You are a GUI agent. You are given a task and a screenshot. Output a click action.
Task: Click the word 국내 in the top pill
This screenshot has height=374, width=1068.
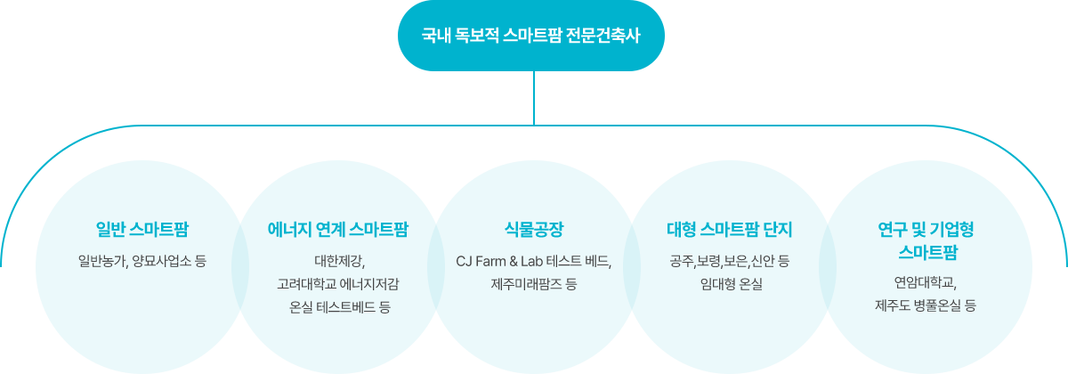pos(434,36)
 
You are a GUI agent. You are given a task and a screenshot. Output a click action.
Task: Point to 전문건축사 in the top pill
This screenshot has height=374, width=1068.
pos(609,36)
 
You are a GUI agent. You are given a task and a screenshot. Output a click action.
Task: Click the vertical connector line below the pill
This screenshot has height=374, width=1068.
pos(534,97)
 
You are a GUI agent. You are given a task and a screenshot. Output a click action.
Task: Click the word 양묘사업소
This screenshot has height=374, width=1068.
pos(162,262)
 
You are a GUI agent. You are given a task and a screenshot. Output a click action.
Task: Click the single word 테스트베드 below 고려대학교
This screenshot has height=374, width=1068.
pos(345,308)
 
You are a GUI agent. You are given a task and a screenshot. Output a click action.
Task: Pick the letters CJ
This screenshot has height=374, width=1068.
pos(464,262)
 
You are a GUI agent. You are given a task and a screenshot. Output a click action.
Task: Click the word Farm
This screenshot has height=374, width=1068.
pos(492,262)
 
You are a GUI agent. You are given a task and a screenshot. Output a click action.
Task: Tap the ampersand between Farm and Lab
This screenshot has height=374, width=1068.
pos(517,262)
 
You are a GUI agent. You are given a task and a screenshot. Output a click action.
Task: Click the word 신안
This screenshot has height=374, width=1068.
pos(763,262)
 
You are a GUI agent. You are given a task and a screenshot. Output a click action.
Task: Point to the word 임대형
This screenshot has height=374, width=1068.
pos(717,285)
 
